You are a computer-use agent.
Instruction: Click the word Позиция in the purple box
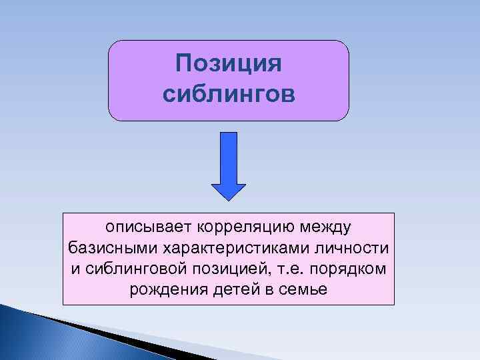[229, 65]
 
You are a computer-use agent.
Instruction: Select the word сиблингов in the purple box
[229, 94]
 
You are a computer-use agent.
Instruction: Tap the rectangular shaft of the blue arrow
[229, 156]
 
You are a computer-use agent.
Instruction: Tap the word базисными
[111, 249]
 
